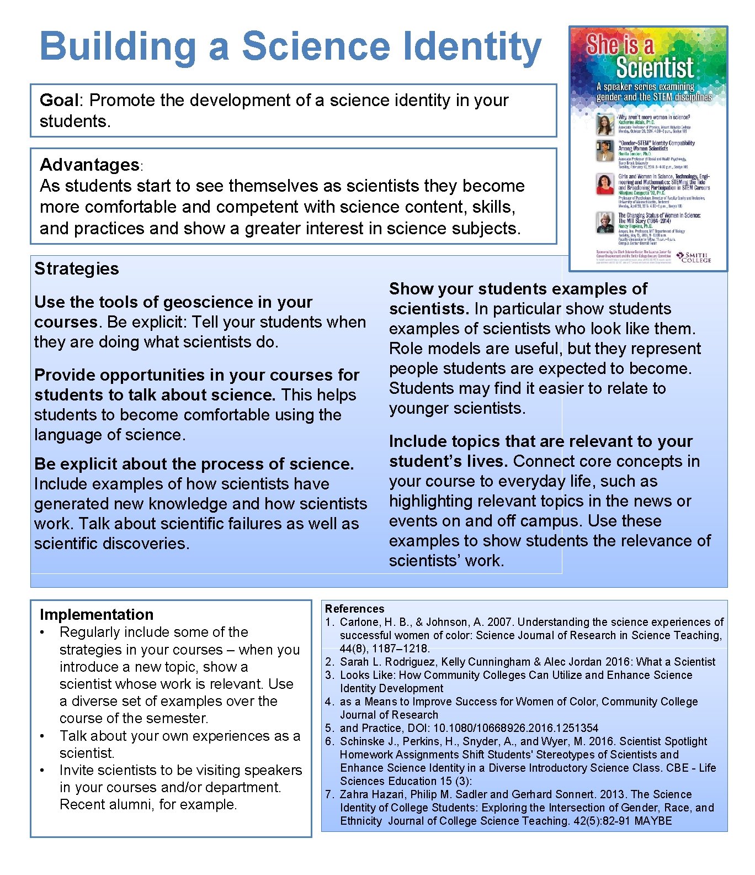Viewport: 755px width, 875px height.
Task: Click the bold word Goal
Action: (59, 101)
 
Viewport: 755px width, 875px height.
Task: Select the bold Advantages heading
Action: (89, 165)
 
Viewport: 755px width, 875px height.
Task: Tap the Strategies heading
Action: (77, 268)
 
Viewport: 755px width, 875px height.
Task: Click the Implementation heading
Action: (97, 614)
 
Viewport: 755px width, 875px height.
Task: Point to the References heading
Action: (354, 609)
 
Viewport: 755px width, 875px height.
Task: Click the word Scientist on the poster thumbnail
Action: (655, 68)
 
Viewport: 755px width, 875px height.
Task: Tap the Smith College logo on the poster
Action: (694, 257)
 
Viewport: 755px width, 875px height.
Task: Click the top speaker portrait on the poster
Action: (605, 124)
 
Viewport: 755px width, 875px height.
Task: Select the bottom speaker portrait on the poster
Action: (605, 222)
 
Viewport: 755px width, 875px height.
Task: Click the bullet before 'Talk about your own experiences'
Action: (42, 736)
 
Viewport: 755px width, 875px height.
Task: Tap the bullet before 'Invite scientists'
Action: (42, 770)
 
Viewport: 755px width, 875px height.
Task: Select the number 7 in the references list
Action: (329, 794)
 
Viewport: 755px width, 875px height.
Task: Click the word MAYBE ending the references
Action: (653, 821)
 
